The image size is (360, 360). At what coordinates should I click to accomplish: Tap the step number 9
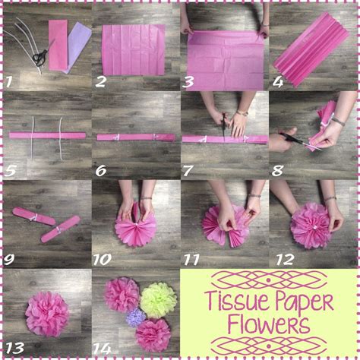[8, 258]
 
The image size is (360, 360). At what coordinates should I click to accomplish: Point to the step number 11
[191, 258]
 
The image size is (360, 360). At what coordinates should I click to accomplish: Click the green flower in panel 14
[158, 299]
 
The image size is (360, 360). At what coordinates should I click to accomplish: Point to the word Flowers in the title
[270, 327]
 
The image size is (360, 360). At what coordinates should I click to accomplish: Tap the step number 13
[13, 348]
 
